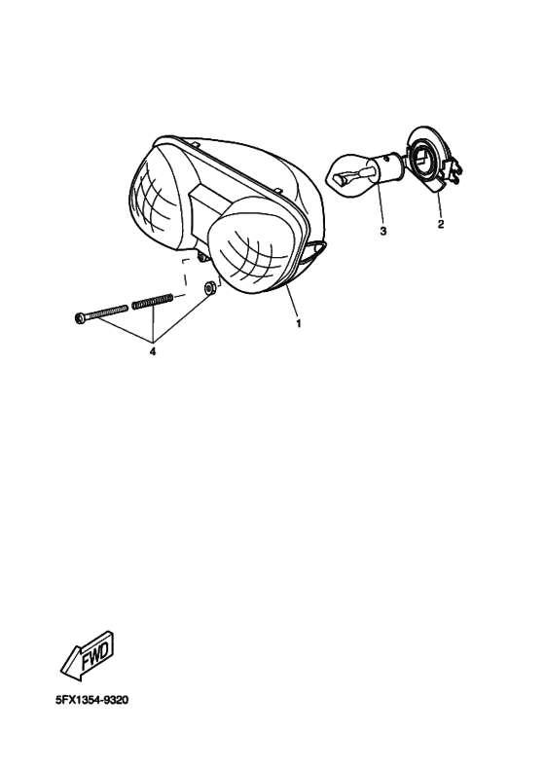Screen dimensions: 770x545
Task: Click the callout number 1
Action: tap(299, 321)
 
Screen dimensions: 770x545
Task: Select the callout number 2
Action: tap(440, 225)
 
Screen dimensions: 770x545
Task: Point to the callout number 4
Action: tap(153, 351)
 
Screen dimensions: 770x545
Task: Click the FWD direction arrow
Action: tap(87, 655)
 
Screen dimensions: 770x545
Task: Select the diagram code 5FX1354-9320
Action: tap(86, 701)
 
